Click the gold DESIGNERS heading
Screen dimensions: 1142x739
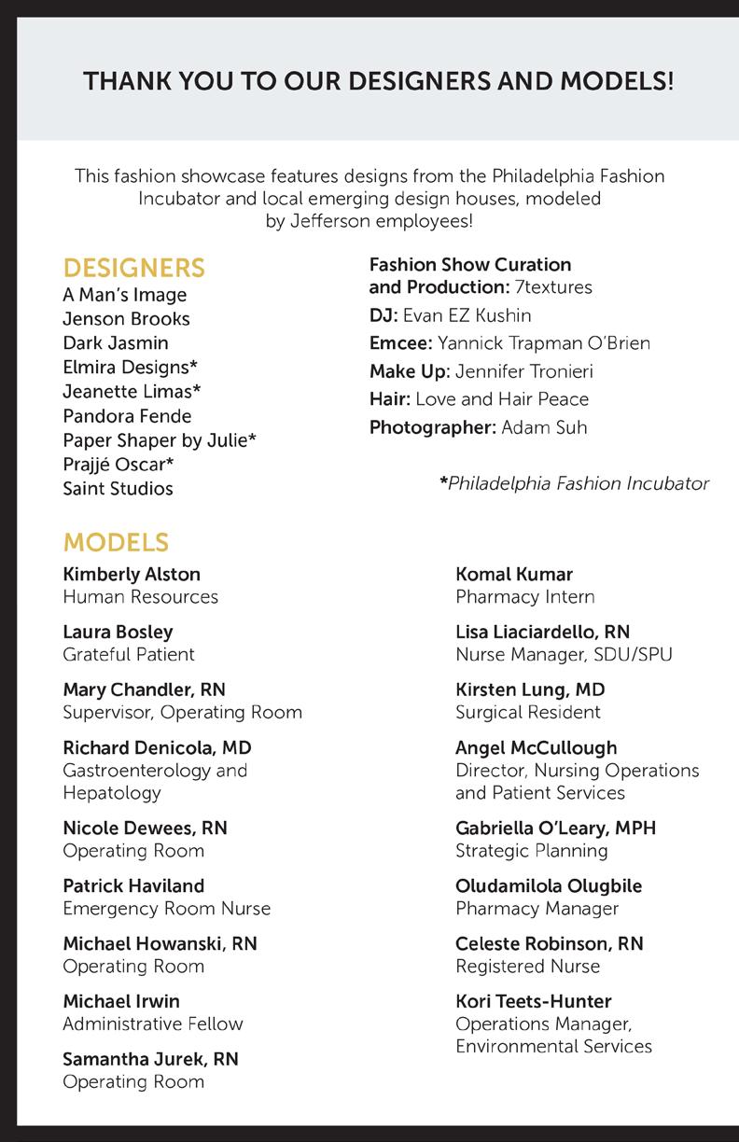tap(133, 269)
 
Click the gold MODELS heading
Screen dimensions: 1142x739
tap(116, 543)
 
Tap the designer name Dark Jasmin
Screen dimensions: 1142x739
tap(116, 343)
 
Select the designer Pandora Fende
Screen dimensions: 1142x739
tap(127, 416)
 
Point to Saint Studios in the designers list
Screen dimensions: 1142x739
tap(118, 489)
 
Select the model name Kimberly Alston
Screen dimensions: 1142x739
tap(132, 575)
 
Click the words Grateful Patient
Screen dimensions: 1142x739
tap(129, 655)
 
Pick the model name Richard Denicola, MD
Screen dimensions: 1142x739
tap(157, 748)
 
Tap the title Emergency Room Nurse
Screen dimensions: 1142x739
tap(166, 909)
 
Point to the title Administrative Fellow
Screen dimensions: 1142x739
tap(153, 1024)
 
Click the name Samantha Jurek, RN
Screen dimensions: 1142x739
tap(150, 1060)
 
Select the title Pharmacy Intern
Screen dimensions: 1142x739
tap(524, 597)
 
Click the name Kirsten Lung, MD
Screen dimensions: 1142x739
tap(530, 690)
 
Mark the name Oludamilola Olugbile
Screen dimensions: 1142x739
tap(549, 886)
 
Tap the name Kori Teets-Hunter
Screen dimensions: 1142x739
tap(533, 1002)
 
